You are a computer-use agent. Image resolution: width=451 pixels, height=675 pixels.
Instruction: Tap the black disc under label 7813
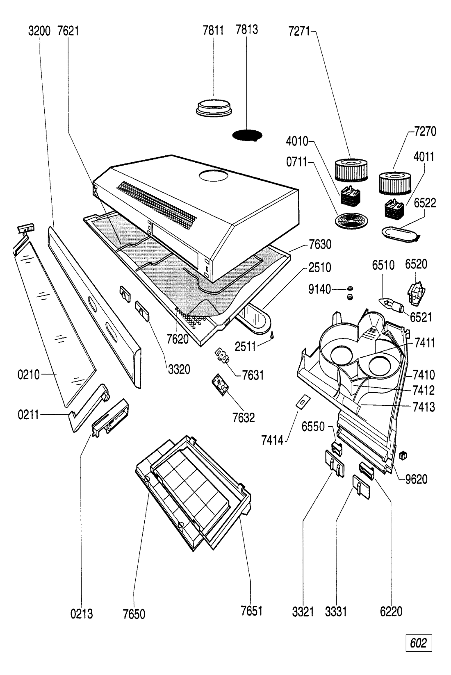point(247,136)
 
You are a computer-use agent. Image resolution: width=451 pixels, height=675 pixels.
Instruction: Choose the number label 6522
point(425,203)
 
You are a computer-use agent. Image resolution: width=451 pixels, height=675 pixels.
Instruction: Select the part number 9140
point(319,290)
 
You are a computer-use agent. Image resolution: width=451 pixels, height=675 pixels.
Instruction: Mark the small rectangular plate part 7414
point(303,401)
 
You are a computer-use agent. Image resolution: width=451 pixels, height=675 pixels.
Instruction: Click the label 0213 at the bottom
point(81,613)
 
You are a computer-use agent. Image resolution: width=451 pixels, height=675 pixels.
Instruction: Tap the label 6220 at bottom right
point(391,611)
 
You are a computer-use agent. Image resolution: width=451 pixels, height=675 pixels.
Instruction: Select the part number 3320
point(179,369)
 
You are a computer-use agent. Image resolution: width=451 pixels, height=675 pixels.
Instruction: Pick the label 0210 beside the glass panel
point(29,374)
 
